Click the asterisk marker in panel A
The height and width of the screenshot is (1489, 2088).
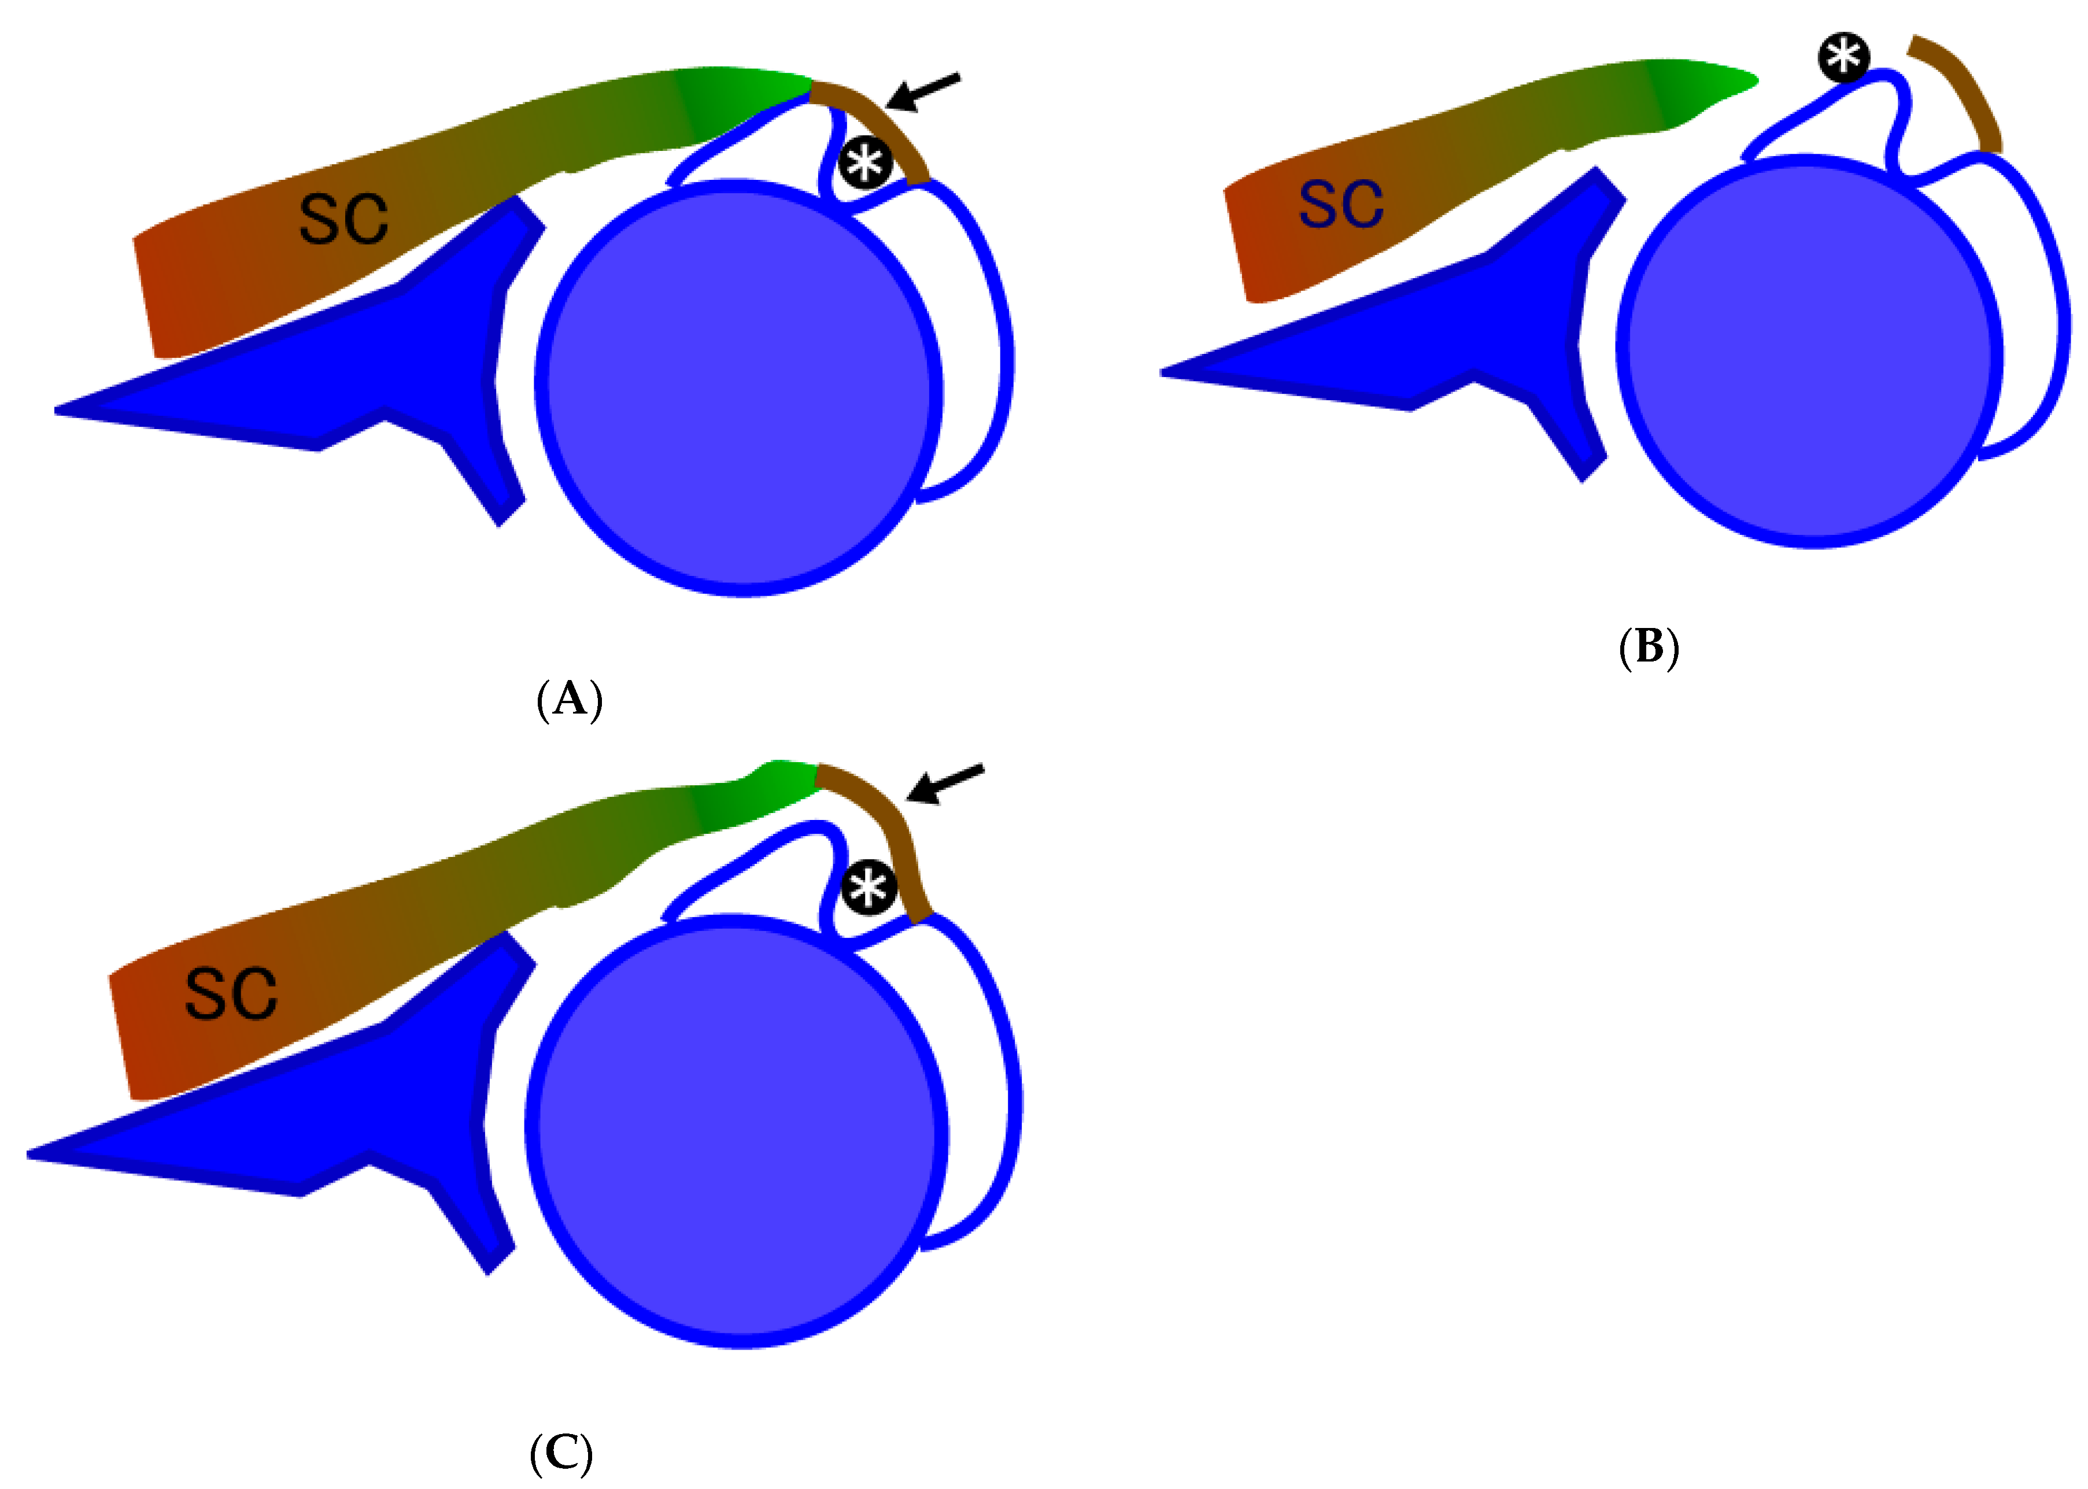pyautogui.click(x=865, y=164)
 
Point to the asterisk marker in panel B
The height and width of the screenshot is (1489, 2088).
pyautogui.click(x=1843, y=58)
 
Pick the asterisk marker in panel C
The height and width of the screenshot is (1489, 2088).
pyautogui.click(x=868, y=888)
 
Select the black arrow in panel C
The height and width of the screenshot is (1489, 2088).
pyautogui.click(x=945, y=784)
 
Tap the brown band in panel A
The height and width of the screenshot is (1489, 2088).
pyautogui.click(x=875, y=128)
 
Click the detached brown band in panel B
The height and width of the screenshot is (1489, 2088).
pyautogui.click(x=1961, y=87)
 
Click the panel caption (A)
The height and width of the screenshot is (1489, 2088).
pyautogui.click(x=569, y=700)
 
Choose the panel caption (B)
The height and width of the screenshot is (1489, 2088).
pyautogui.click(x=1649, y=647)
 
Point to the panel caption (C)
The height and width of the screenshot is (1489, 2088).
pyautogui.click(x=561, y=1453)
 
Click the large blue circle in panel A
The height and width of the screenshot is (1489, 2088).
pyautogui.click(x=740, y=388)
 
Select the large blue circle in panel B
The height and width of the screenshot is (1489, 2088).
pyautogui.click(x=1810, y=353)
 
